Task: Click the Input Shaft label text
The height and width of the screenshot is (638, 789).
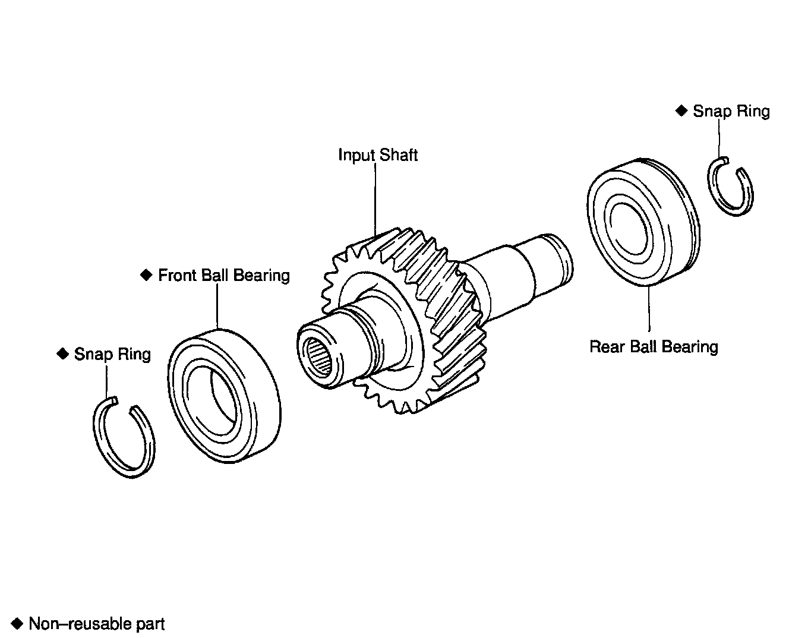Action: coord(378,155)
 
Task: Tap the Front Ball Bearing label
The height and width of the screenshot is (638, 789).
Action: coord(223,276)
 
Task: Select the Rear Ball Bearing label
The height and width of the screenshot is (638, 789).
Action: coord(654,346)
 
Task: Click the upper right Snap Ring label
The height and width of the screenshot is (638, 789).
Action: coord(731,111)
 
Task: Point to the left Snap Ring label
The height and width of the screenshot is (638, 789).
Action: coord(112,355)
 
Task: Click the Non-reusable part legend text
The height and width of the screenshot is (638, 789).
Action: coord(97,624)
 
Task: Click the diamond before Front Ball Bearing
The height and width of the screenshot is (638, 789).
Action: coord(146,275)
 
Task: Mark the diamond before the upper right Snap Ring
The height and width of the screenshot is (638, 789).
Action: coord(681,110)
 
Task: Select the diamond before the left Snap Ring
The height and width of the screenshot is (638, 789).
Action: coord(62,354)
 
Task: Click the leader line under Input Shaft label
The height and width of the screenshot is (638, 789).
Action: coord(375,196)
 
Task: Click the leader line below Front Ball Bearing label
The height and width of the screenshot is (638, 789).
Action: coord(217,306)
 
